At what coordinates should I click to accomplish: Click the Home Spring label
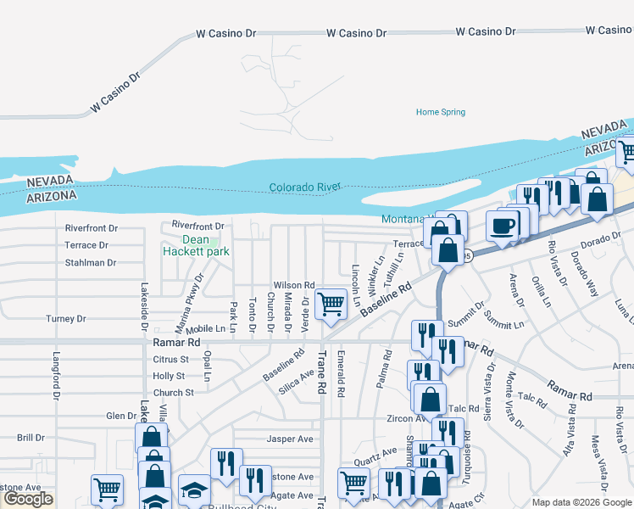440,112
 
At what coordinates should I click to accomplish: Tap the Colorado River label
304,187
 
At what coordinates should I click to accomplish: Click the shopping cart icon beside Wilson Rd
330,303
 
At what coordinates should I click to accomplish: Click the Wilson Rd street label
293,285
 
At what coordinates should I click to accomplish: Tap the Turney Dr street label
65,319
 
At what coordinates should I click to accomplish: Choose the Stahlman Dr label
90,263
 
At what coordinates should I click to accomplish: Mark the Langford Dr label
56,376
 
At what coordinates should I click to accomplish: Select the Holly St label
169,376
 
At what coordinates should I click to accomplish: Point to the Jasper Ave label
290,439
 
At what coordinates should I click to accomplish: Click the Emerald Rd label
341,374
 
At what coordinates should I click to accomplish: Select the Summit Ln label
503,320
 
